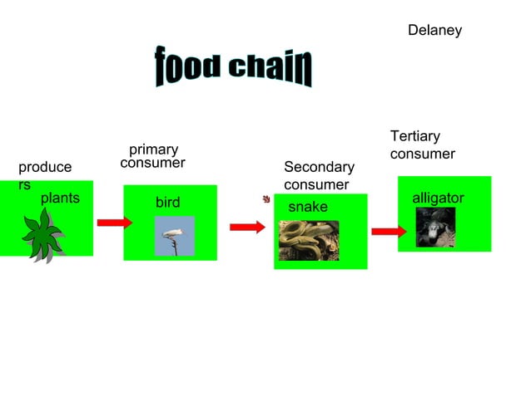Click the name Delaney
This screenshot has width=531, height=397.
(x=434, y=31)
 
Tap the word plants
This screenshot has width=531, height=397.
(x=60, y=198)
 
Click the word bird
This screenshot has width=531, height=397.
(x=167, y=203)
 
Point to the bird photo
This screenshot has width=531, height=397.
(x=175, y=235)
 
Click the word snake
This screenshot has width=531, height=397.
(x=307, y=206)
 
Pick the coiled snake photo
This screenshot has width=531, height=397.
(x=308, y=240)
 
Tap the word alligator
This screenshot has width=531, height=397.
(x=438, y=198)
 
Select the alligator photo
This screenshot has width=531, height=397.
(x=435, y=227)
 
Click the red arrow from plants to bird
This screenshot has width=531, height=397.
(x=114, y=223)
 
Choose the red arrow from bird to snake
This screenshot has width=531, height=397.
(x=247, y=227)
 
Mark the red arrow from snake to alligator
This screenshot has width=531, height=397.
(x=388, y=232)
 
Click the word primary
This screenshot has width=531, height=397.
(x=153, y=149)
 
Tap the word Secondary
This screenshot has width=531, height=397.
(x=319, y=168)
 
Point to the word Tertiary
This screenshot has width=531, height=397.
(x=414, y=136)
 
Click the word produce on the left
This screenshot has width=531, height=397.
(x=45, y=168)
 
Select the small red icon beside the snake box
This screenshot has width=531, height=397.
(x=266, y=199)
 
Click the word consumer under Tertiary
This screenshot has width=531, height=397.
(x=423, y=154)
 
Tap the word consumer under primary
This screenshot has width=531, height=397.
(x=152, y=164)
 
